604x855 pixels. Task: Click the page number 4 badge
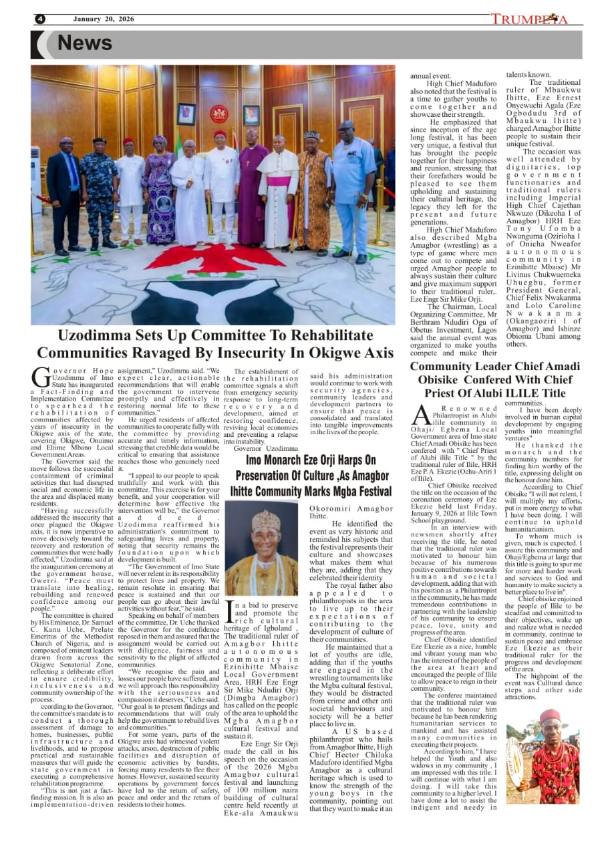pos(39,19)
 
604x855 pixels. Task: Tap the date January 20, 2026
pos(104,19)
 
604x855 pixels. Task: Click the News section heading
pos(84,43)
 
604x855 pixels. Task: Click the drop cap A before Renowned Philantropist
pos(421,415)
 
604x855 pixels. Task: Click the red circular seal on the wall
pos(218,114)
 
